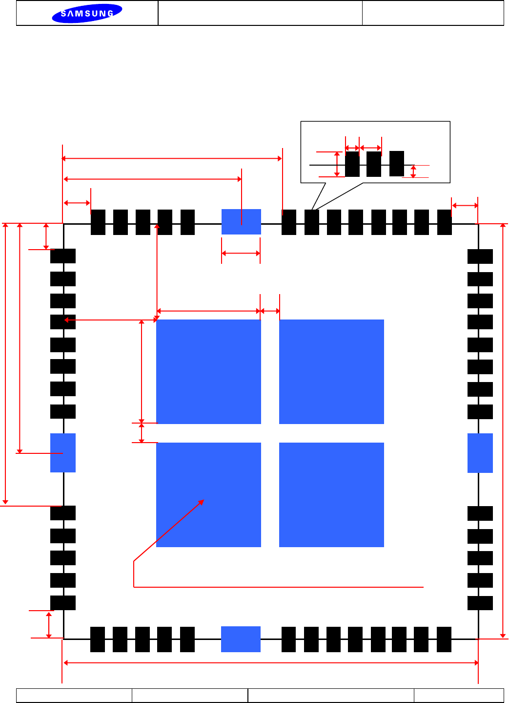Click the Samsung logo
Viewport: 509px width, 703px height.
(x=87, y=13)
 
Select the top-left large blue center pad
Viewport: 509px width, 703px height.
(x=208, y=371)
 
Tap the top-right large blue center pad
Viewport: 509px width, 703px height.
(x=331, y=371)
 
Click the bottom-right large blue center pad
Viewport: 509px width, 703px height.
(x=331, y=494)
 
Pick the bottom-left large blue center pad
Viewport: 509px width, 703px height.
(x=208, y=494)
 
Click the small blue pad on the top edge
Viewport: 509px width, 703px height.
(x=241, y=222)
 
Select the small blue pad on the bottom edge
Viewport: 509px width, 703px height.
(x=241, y=639)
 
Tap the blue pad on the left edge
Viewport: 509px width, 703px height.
(x=63, y=452)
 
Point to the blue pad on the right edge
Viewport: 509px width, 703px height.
(x=480, y=453)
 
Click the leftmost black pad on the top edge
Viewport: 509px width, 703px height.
(x=98, y=222)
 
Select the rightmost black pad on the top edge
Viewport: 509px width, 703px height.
(x=445, y=222)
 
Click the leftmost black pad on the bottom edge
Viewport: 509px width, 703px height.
(x=98, y=639)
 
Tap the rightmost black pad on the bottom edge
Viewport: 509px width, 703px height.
(x=444, y=639)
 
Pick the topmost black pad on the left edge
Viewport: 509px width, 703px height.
(x=63, y=256)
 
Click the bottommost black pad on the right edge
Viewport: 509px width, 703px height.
(x=480, y=603)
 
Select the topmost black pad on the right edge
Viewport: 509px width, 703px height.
(x=480, y=256)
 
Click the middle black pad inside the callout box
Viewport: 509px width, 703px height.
(x=374, y=164)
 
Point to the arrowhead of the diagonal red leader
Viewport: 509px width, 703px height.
(x=203, y=501)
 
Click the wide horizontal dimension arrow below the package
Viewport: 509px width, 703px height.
(x=271, y=663)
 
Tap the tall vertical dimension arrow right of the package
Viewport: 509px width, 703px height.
(x=503, y=430)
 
